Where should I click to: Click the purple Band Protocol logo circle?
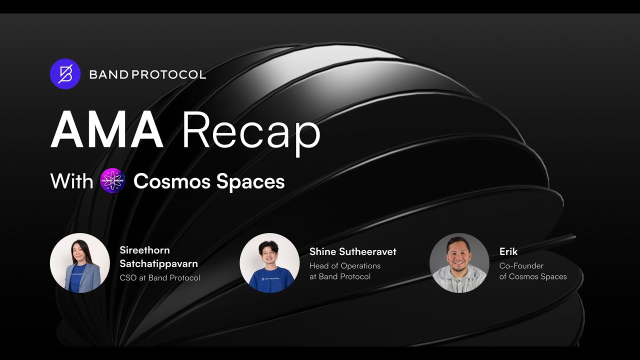pos(65,74)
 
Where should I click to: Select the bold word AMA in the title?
pos(107,131)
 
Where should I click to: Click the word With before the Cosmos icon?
pos(71,181)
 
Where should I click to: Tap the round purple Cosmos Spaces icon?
pos(112,180)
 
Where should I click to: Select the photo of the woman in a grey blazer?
pos(80,262)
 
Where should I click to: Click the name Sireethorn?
pos(144,250)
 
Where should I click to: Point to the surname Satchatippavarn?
pos(158,263)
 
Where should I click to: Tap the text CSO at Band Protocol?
pos(159,277)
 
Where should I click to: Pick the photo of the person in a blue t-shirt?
pos(269,262)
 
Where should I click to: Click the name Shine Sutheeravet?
pos(352,251)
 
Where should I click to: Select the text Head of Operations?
pos(344,266)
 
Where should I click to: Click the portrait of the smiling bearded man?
pos(459,262)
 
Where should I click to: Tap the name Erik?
pos(508,251)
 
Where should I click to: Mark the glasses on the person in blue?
pos(269,253)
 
